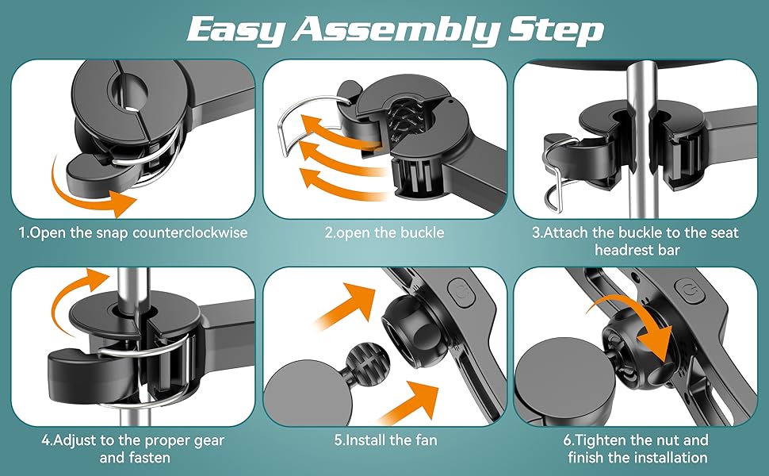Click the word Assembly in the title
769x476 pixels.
(396, 30)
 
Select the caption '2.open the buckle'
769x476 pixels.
(384, 232)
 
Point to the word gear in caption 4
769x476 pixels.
(208, 441)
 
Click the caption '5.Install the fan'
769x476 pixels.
(385, 440)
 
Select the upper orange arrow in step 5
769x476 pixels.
(346, 305)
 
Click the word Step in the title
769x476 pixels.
(556, 30)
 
